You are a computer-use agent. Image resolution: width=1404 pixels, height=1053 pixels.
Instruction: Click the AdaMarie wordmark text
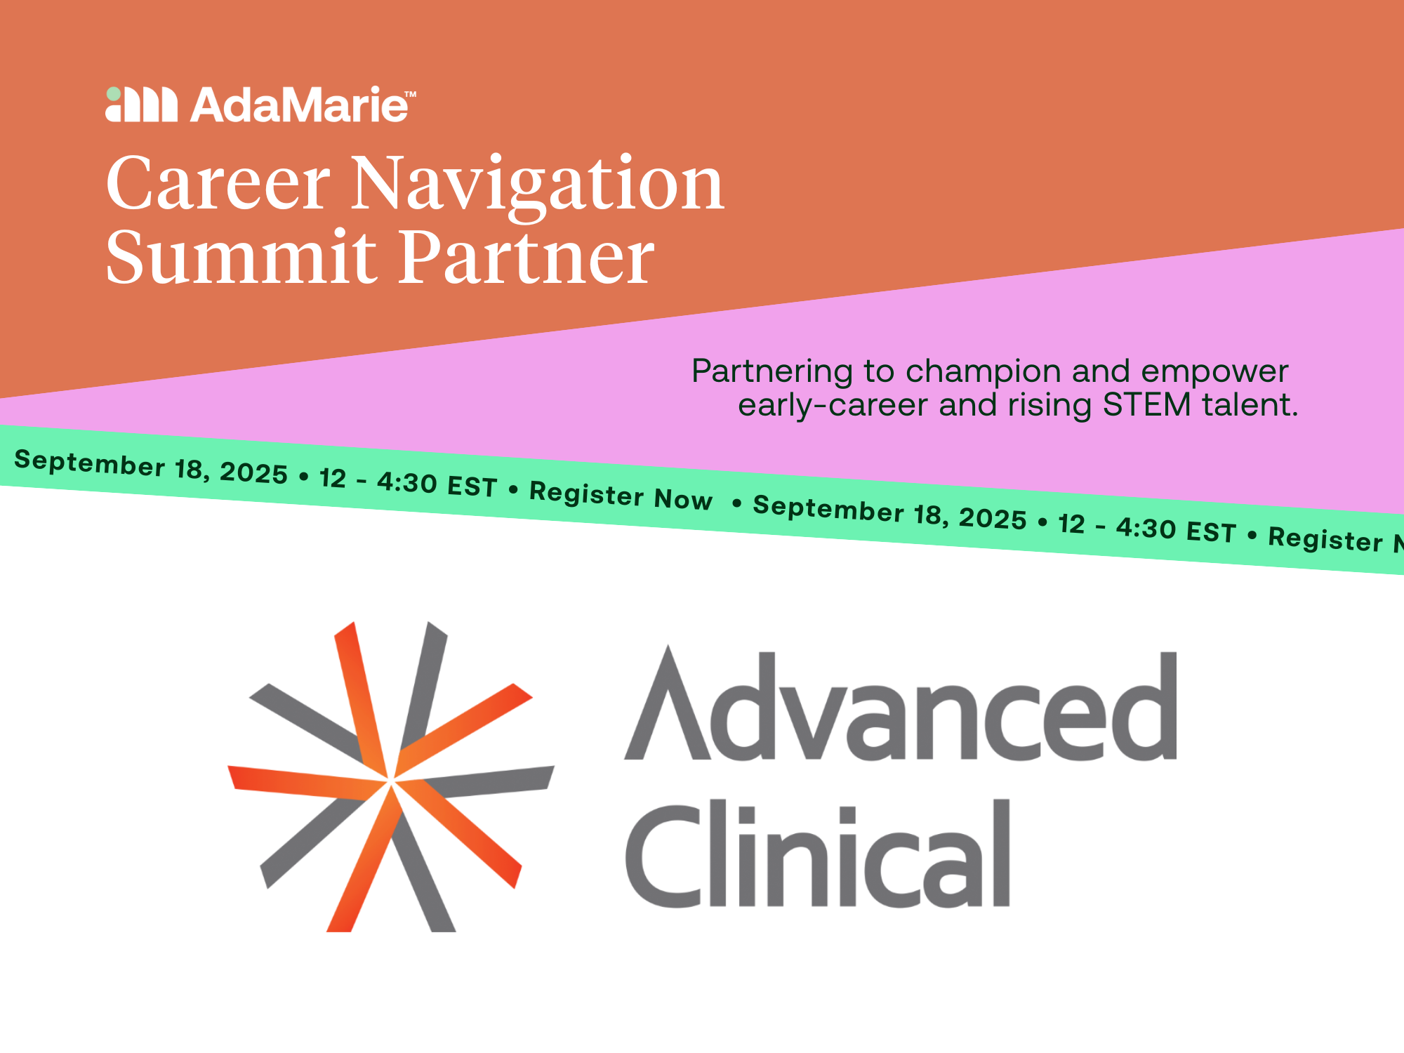[298, 105]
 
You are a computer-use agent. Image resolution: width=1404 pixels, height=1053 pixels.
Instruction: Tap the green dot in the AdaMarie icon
[114, 94]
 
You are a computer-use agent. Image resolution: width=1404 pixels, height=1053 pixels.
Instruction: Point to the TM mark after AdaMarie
[411, 93]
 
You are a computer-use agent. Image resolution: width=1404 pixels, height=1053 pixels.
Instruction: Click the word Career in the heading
[218, 184]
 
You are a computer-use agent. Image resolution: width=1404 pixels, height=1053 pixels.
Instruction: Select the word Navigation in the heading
[537, 184]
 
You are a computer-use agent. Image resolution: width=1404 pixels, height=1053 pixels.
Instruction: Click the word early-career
[833, 406]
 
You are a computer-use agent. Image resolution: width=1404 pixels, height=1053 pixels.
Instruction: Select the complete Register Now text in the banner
[621, 496]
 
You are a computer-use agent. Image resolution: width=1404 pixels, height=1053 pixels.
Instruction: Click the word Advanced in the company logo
[901, 706]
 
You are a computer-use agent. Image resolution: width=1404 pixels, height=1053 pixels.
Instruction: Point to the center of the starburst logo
[390, 781]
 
